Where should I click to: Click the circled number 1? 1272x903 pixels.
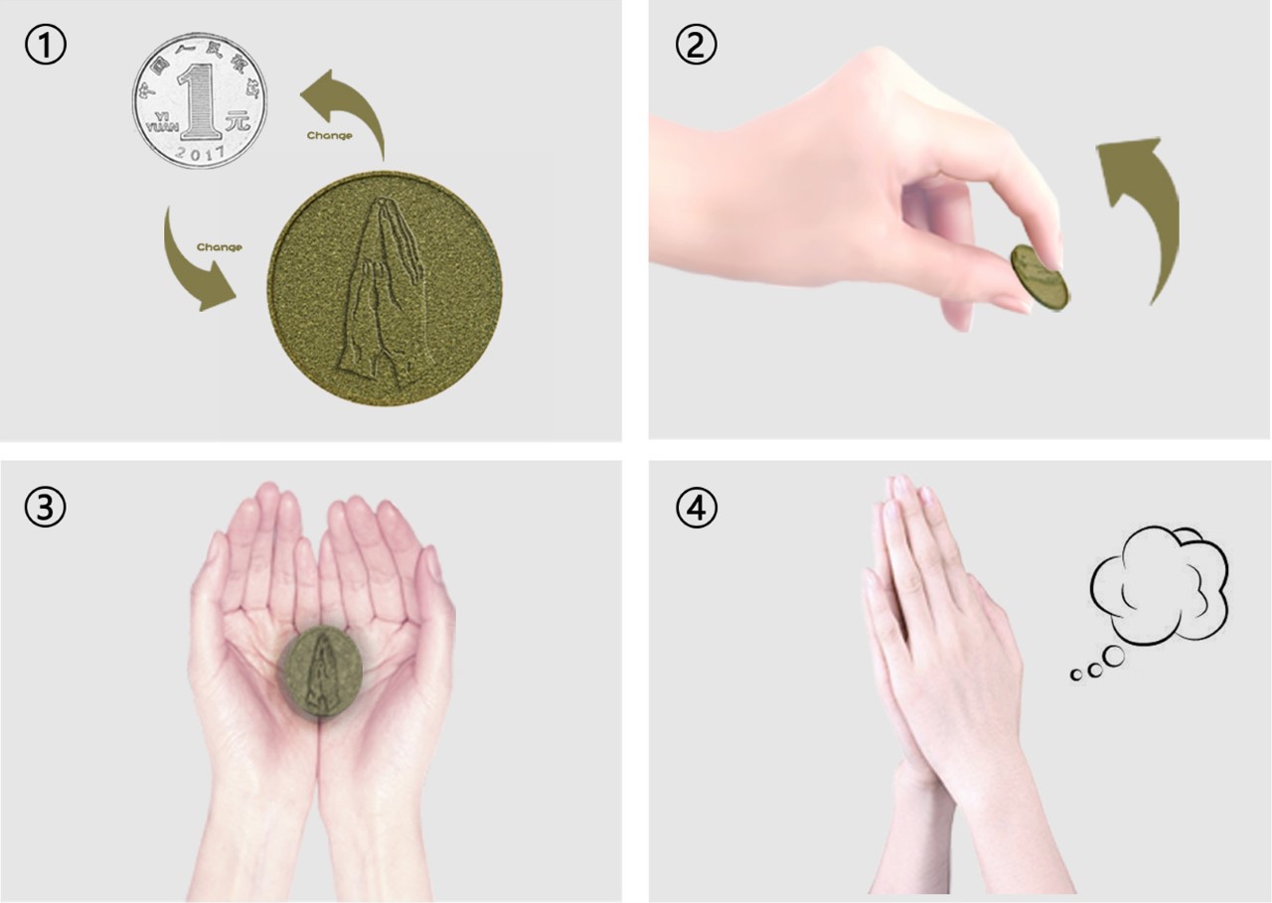(x=46, y=47)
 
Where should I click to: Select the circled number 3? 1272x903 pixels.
(x=46, y=508)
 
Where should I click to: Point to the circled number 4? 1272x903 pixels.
(x=696, y=508)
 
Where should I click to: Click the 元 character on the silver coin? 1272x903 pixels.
(x=237, y=123)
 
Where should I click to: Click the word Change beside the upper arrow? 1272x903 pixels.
(x=329, y=136)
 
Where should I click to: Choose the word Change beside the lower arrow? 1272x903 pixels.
(x=219, y=247)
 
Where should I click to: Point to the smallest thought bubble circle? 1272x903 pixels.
(x=1075, y=676)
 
